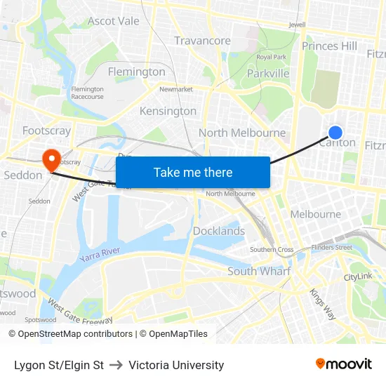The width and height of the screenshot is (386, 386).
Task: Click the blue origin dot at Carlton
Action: click(335, 132)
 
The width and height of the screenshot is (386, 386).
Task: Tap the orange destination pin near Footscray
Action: click(51, 159)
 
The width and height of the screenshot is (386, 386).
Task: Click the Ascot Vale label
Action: click(114, 21)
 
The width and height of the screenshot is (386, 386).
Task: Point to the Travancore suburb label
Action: click(202, 41)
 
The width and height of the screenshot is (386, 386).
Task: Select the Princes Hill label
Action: click(329, 46)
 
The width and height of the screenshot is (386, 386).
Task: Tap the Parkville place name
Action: click(268, 73)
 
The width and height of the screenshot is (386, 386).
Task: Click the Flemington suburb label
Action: click(136, 71)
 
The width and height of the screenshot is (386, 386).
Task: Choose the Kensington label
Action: click(168, 111)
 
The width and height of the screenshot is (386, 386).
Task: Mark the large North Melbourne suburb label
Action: click(242, 133)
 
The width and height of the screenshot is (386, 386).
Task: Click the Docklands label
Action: click(219, 231)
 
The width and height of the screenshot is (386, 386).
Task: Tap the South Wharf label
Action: click(259, 271)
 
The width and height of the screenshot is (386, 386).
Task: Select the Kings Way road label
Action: click(323, 305)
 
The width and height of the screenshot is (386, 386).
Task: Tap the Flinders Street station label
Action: click(332, 247)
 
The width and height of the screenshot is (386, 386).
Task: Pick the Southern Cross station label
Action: click(272, 250)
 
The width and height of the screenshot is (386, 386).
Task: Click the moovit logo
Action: click(344, 364)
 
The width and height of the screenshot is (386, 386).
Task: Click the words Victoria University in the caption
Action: click(176, 365)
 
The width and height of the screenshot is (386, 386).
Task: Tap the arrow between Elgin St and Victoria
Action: click(117, 365)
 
